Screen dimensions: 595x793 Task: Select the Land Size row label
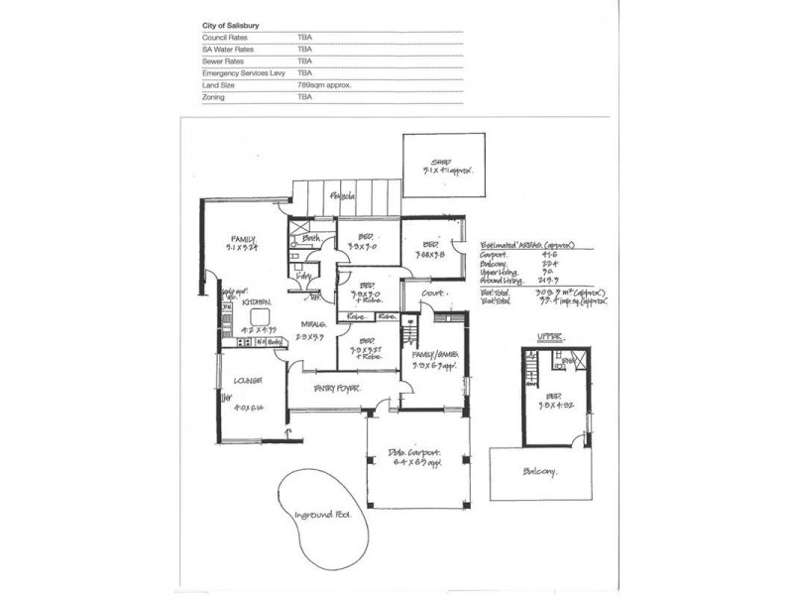coord(219,85)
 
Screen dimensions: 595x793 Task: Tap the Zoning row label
coord(213,98)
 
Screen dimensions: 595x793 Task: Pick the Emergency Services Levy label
coord(244,72)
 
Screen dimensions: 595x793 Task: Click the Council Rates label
coord(224,36)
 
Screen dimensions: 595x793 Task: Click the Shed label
coord(440,163)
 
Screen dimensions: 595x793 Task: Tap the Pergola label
coord(344,195)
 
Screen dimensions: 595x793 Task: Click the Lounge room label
coord(248,380)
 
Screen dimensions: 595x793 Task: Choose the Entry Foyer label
coord(337,387)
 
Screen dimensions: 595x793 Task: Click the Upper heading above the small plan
coord(549,338)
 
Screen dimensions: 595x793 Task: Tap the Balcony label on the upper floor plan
coord(541,472)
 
